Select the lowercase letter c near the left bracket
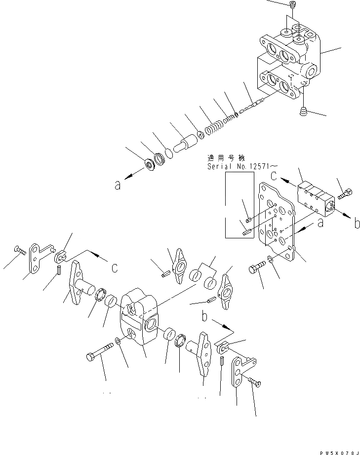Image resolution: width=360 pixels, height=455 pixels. [x=114, y=267]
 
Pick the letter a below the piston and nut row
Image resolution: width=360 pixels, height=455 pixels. [x=117, y=186]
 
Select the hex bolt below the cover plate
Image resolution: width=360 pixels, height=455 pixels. [x=256, y=268]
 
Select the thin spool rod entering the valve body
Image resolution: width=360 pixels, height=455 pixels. [x=251, y=105]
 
